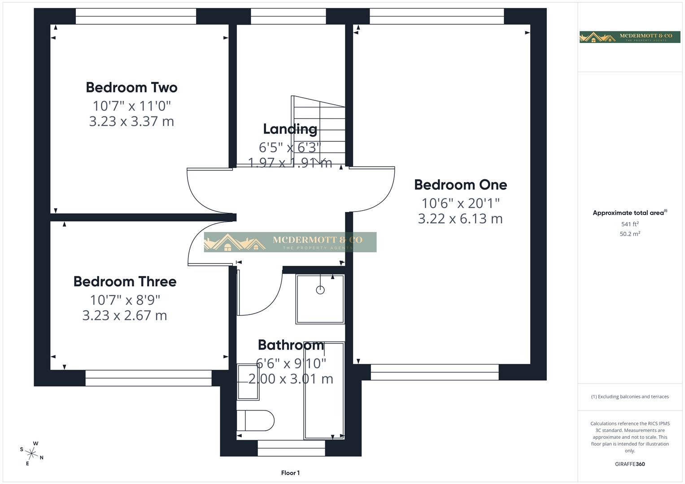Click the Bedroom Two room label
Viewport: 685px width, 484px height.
click(131, 87)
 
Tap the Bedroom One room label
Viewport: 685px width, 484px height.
click(460, 185)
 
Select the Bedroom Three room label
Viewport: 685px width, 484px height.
click(125, 281)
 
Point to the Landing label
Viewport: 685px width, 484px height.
click(290, 129)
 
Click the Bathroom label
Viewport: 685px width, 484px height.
click(291, 345)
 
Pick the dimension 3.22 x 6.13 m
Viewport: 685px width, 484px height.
click(460, 219)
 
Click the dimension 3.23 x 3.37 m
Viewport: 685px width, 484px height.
click(131, 121)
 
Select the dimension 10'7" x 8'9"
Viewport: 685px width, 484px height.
click(125, 299)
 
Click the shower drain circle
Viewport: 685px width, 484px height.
click(320, 290)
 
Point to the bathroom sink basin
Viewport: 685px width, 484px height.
click(248, 382)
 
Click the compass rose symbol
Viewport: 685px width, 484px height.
click(32, 453)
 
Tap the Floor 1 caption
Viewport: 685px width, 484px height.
click(290, 473)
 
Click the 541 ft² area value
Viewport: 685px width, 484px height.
click(630, 224)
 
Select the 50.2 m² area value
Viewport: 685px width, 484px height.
click(630, 234)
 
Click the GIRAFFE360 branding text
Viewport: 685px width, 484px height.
click(630, 464)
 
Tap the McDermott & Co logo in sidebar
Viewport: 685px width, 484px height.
click(630, 37)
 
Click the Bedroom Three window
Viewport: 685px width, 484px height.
click(148, 378)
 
